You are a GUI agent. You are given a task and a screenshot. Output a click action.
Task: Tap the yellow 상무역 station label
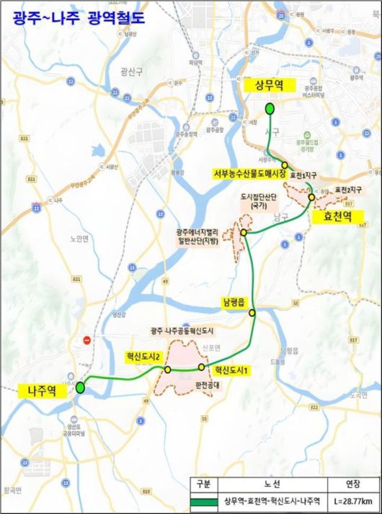267,85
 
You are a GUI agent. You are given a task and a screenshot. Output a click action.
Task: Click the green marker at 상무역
269,109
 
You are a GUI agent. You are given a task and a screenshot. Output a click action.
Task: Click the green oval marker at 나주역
80,387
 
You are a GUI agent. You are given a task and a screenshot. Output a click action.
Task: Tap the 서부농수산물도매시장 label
249,174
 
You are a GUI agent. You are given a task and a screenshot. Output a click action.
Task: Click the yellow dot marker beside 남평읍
252,313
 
